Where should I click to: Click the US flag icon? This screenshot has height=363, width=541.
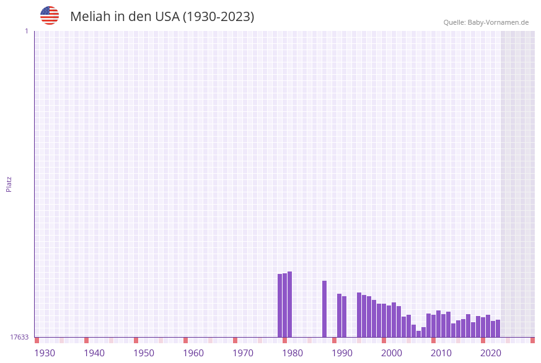50,15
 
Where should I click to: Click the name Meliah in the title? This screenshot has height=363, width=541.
90,17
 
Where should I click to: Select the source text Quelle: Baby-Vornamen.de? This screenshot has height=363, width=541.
486,22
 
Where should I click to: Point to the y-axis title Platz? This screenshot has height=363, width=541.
9,184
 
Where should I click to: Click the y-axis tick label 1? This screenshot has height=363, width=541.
26,31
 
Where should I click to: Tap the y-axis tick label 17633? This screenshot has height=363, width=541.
19,337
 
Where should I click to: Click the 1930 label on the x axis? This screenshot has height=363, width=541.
45,353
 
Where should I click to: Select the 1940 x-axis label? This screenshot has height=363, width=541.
94,353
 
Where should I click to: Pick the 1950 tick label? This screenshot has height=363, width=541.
144,353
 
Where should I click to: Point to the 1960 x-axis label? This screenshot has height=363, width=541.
193,353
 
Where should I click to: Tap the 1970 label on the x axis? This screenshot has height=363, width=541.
243,353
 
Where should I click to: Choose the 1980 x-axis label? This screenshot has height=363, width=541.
292,353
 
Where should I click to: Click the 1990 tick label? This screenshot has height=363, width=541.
342,353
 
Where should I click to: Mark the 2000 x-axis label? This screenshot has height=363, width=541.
392,353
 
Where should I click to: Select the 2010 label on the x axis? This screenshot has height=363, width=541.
441,353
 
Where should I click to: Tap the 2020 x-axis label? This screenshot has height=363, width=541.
491,353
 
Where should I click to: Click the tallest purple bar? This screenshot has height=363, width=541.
289,304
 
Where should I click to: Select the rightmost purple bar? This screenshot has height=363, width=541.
498,328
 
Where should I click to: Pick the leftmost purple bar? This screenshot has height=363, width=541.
279,305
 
